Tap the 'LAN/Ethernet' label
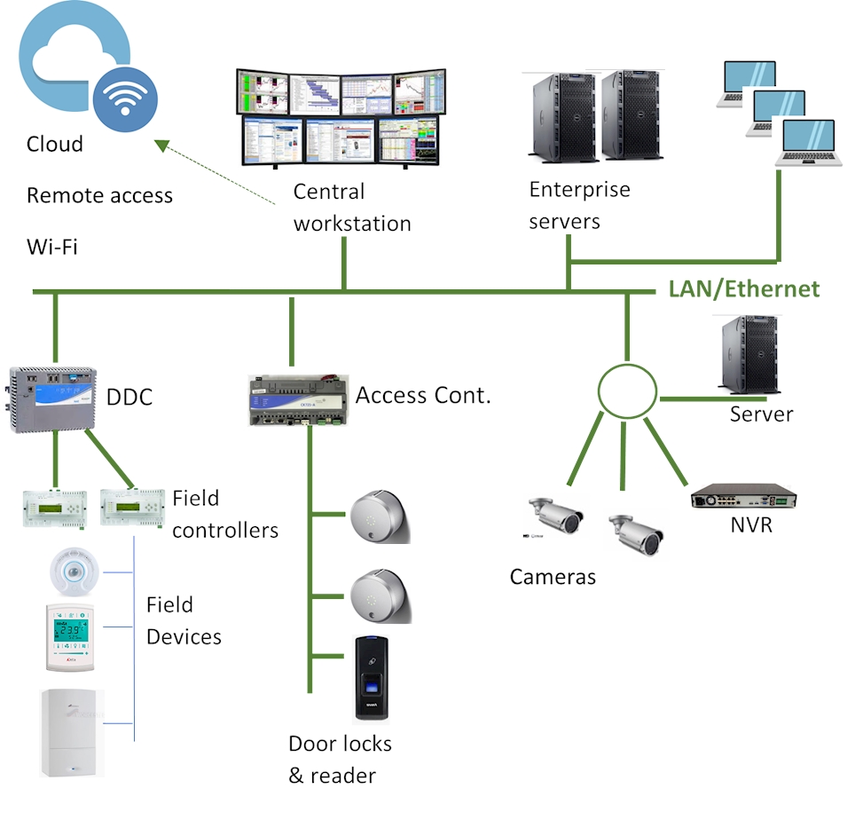743,288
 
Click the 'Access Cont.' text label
423,396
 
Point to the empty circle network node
626,391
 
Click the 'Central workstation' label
352,208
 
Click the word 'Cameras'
553,577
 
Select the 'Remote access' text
99,195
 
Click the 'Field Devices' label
184,620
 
